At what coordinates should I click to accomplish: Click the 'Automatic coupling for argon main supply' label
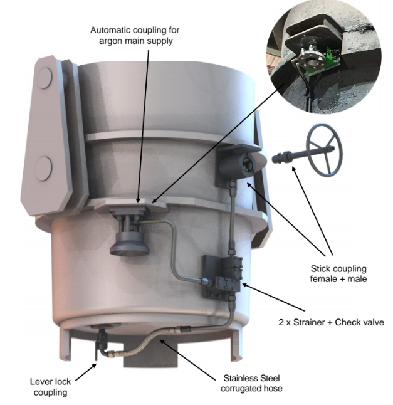click(135, 35)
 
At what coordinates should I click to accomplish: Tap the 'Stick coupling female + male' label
click(338, 274)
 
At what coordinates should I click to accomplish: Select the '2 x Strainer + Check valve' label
click(331, 322)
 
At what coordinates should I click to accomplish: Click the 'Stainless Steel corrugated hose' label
click(251, 383)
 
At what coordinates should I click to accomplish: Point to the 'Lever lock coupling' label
click(50, 387)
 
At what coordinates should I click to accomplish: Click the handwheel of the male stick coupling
click(324, 150)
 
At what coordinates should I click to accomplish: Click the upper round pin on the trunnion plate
click(45, 78)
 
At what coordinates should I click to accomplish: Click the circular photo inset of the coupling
click(324, 57)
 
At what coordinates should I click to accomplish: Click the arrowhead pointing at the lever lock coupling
click(94, 366)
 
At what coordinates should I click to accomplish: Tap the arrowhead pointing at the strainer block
click(245, 285)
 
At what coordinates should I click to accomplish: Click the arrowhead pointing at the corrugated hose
click(162, 342)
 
